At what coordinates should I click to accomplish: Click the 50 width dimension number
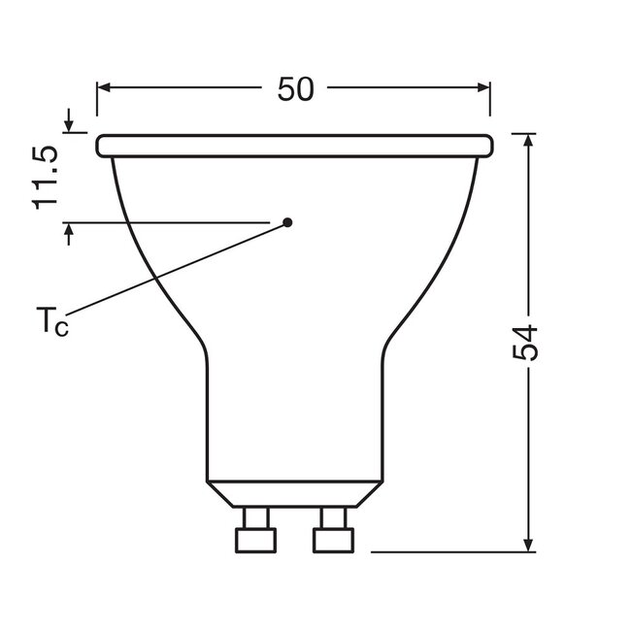pos(295,89)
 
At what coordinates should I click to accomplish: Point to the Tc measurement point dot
pos(288,222)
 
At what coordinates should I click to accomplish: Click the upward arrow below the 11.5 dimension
pos(70,232)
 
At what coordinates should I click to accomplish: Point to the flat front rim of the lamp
pos(295,146)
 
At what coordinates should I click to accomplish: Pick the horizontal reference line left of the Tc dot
pos(175,223)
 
